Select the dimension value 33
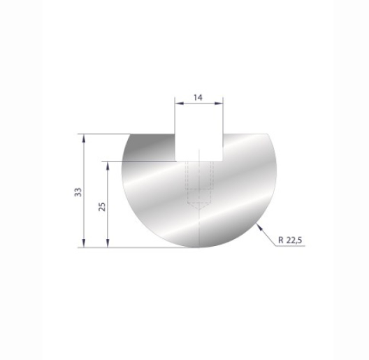pos(79,191)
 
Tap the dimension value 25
pos(103,206)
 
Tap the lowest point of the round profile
pos(199,247)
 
